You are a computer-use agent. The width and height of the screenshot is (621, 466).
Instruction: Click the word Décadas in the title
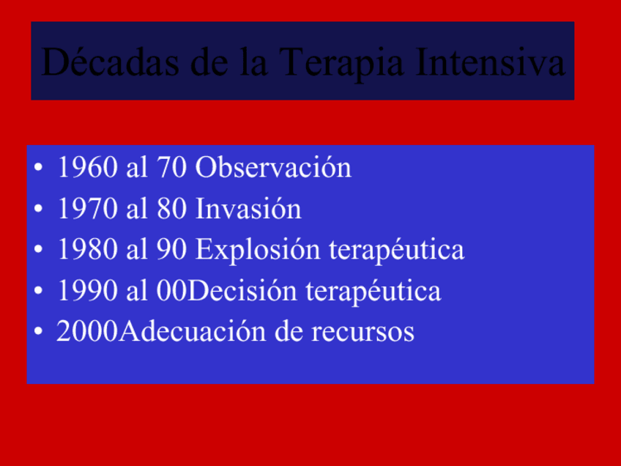point(110,62)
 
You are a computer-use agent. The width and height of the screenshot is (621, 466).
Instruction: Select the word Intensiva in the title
point(491,62)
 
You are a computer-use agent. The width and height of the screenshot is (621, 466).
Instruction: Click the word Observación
point(273,166)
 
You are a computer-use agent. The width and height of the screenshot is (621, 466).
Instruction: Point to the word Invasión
point(248,207)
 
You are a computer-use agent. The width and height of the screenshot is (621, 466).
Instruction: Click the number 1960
point(88,167)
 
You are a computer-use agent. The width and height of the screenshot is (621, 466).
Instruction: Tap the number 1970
point(88,208)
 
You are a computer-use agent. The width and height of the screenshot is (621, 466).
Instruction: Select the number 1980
point(88,249)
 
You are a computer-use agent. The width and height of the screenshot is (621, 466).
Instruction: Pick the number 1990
point(88,290)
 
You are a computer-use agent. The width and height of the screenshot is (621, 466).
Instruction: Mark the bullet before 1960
point(38,167)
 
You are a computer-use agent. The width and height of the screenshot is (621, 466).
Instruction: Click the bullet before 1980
point(38,250)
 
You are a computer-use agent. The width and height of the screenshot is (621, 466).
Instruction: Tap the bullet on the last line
point(38,331)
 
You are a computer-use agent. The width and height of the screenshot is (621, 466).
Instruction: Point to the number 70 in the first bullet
point(171,167)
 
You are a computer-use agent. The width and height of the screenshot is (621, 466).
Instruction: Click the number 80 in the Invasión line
point(171,208)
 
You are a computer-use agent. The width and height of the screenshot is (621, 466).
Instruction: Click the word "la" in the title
point(254,62)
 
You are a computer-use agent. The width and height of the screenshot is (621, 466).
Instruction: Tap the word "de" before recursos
point(289,331)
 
